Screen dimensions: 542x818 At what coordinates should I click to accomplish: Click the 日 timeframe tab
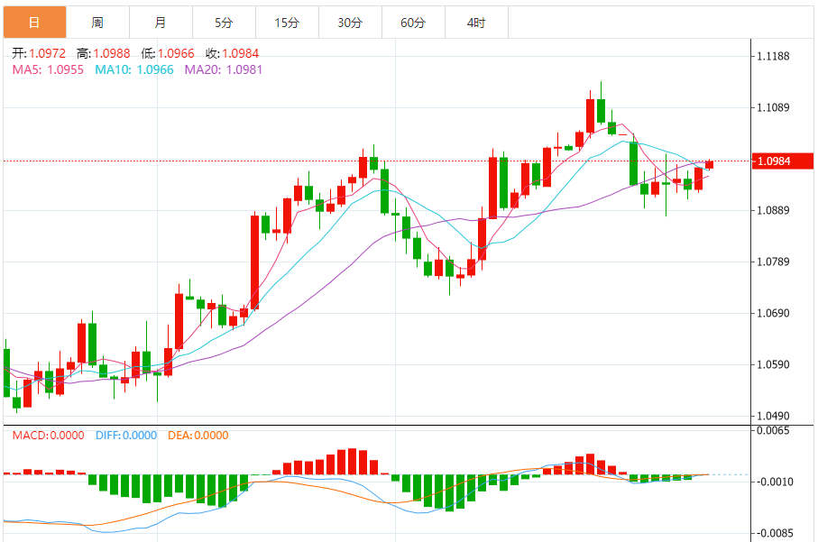click(34, 23)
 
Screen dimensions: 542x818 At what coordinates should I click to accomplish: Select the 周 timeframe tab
click(97, 23)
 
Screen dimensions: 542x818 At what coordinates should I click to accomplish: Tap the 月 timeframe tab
click(161, 23)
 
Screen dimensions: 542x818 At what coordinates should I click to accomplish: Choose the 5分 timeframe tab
click(224, 23)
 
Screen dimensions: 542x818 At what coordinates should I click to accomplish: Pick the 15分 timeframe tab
click(287, 23)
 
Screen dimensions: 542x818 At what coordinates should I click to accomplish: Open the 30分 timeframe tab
click(350, 23)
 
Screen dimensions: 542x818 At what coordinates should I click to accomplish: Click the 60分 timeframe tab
click(413, 23)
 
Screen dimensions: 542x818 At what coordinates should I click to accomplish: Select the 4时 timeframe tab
click(476, 23)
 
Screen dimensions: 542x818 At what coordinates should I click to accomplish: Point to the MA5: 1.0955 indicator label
click(48, 69)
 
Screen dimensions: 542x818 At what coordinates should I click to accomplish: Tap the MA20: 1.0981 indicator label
click(224, 69)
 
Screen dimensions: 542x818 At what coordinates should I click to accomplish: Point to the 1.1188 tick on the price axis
click(777, 57)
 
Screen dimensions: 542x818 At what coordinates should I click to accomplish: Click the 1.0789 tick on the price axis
click(777, 262)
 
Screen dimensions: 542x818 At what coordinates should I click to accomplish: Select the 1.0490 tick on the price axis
click(777, 417)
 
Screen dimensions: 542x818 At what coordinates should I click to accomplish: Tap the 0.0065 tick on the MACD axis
click(777, 431)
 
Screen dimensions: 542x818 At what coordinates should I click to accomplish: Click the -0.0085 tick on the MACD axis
click(775, 532)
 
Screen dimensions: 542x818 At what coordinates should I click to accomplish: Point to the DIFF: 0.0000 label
click(125, 436)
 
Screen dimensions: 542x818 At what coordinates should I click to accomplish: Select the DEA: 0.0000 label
click(198, 436)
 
